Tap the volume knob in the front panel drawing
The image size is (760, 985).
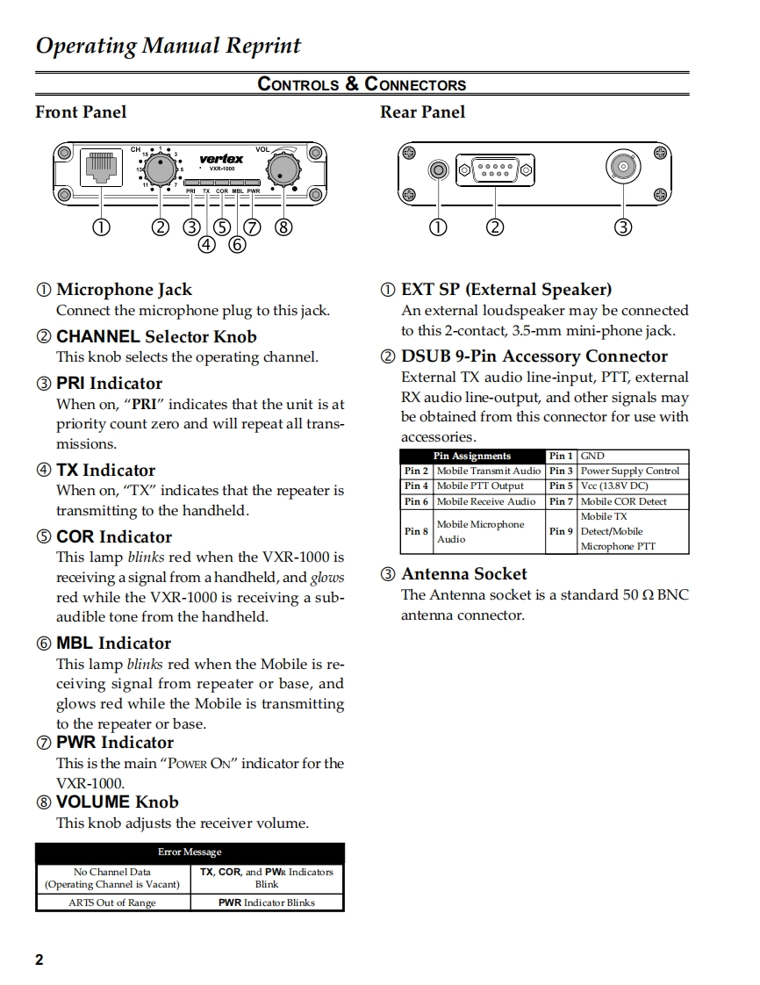tap(283, 168)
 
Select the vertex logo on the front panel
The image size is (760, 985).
tap(222, 159)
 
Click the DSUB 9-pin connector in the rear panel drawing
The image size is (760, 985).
tap(496, 168)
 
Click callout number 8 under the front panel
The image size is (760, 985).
tap(283, 226)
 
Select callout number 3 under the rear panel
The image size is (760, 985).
tap(623, 226)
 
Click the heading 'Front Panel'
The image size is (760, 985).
tap(81, 111)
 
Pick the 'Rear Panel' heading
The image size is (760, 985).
tap(422, 111)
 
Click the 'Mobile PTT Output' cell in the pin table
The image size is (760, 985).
tap(480, 485)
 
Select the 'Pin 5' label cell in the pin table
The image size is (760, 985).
tap(561, 485)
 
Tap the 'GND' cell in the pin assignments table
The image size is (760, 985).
tap(592, 456)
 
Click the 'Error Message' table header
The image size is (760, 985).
tap(190, 852)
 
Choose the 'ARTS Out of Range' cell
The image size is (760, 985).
tap(112, 902)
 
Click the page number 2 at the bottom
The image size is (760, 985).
tap(39, 959)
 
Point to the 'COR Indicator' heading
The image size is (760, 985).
tap(114, 536)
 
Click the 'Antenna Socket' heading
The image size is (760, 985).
tap(463, 574)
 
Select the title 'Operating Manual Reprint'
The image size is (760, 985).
tap(168, 46)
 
